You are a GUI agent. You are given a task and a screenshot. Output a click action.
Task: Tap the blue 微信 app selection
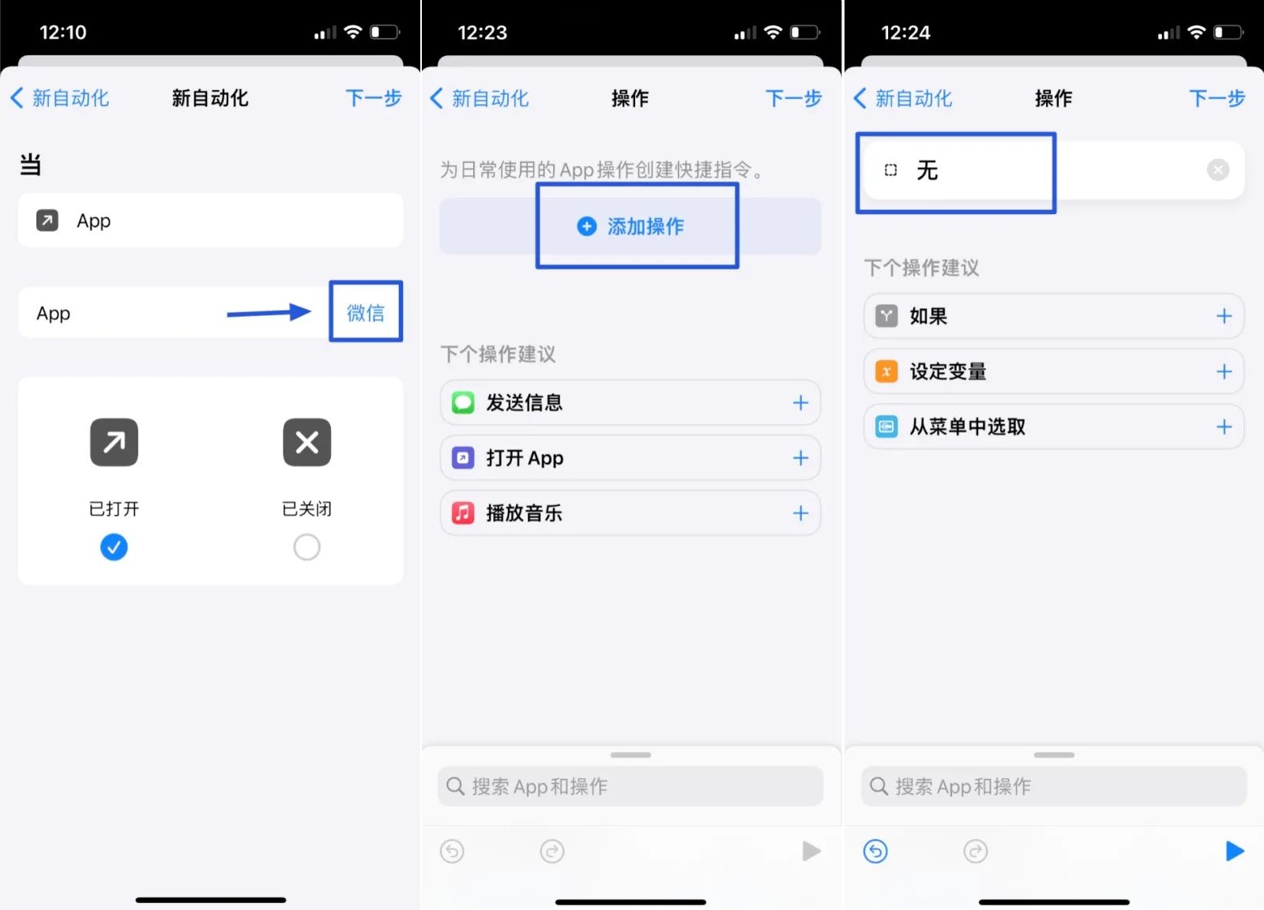(365, 313)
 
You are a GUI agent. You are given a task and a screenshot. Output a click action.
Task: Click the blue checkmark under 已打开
(114, 547)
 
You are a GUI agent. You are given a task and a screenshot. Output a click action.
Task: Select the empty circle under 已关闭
(307, 547)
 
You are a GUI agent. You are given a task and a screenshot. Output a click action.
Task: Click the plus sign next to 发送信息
(800, 403)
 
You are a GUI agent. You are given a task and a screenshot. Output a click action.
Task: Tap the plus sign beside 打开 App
(800, 458)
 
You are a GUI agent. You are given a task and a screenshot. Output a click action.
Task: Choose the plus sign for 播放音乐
(800, 513)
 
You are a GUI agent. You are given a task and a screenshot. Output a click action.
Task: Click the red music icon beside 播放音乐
(463, 513)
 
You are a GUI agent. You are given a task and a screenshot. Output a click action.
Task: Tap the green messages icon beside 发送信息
(463, 403)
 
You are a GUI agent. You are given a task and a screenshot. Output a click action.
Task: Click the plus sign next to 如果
(1224, 316)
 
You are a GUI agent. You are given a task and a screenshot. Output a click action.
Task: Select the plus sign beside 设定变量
(1224, 371)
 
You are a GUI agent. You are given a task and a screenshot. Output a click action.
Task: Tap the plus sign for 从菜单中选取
(1224, 427)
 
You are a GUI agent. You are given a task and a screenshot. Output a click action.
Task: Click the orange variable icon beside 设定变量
(886, 371)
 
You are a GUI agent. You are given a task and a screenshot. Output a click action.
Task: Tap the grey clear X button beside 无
(1217, 170)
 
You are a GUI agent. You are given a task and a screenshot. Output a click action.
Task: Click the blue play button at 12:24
(1234, 851)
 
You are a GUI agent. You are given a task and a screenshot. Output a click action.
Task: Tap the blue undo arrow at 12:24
(875, 851)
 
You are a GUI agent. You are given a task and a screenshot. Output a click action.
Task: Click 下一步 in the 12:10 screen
(373, 98)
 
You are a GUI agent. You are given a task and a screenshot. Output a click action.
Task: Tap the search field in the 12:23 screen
(630, 786)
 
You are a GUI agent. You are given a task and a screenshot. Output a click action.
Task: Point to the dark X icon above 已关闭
(307, 442)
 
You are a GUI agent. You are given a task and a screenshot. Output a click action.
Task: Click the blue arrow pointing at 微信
(269, 313)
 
